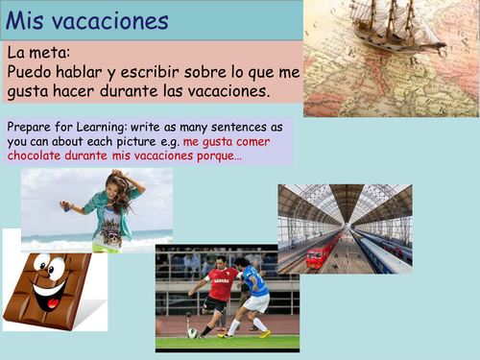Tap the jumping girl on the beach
[107, 207]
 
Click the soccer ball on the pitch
[193, 332]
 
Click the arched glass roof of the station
[345, 202]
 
